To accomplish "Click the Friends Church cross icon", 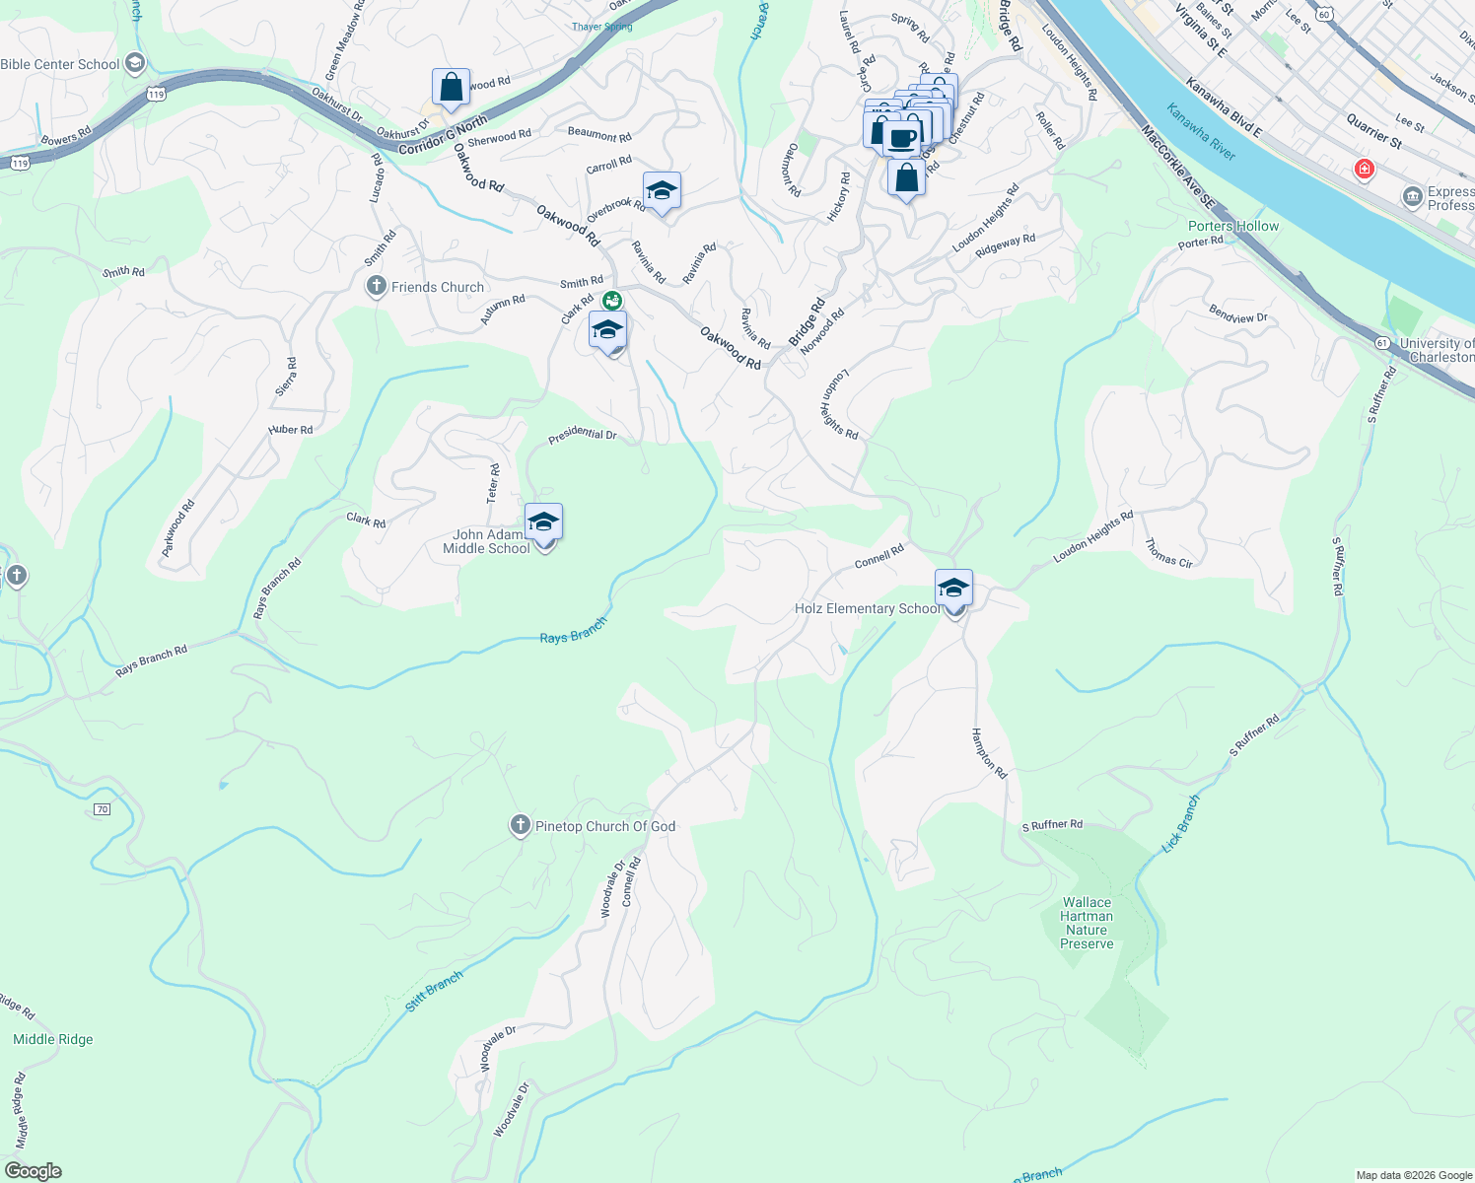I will coord(376,287).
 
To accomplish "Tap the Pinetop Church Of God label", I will coord(604,826).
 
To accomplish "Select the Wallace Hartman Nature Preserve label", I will coord(1087,923).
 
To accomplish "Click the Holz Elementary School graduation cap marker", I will coord(953,589).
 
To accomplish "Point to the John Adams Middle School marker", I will coord(543,522).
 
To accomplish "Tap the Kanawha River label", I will coord(1200,131).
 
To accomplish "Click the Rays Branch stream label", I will coord(573,631).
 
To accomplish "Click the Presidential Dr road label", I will coord(583,434).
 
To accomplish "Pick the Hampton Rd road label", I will coord(989,753).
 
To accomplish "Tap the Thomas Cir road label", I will coord(1169,553).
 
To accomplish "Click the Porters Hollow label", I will coord(1233,226).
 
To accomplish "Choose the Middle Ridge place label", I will coord(53,1039).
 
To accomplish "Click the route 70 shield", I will coord(102,809).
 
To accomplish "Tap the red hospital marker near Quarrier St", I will coord(1365,170).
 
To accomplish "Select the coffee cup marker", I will coord(901,138).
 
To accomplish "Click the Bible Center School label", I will coord(60,64).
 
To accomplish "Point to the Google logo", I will coord(34,1171).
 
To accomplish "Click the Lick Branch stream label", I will coord(1180,823).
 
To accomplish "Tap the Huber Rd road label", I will coord(290,430).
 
